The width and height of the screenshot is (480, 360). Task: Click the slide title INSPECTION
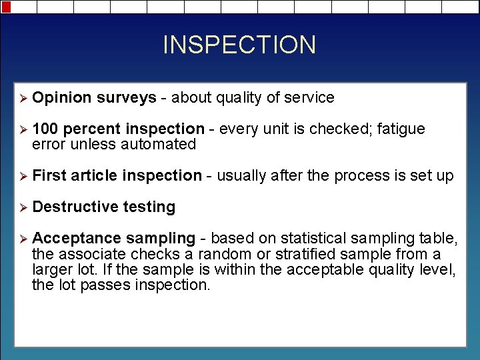pyautogui.click(x=239, y=45)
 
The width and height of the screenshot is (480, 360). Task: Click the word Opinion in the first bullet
pyautogui.click(x=61, y=98)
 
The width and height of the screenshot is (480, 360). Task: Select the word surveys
pyautogui.click(x=126, y=98)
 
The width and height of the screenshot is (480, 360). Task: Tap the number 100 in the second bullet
pyautogui.click(x=45, y=129)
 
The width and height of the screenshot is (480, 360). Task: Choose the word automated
pyautogui.click(x=162, y=144)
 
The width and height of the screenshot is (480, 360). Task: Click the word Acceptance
pyautogui.click(x=77, y=239)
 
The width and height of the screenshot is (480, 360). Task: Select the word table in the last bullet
pyautogui.click(x=437, y=239)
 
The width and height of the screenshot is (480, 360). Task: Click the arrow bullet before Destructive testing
pyautogui.click(x=22, y=207)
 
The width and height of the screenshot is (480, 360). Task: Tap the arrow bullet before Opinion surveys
pyautogui.click(x=22, y=98)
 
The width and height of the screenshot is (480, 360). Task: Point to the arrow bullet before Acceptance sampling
pyautogui.click(x=22, y=239)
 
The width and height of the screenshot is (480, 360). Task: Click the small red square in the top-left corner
pyautogui.click(x=5, y=6)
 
